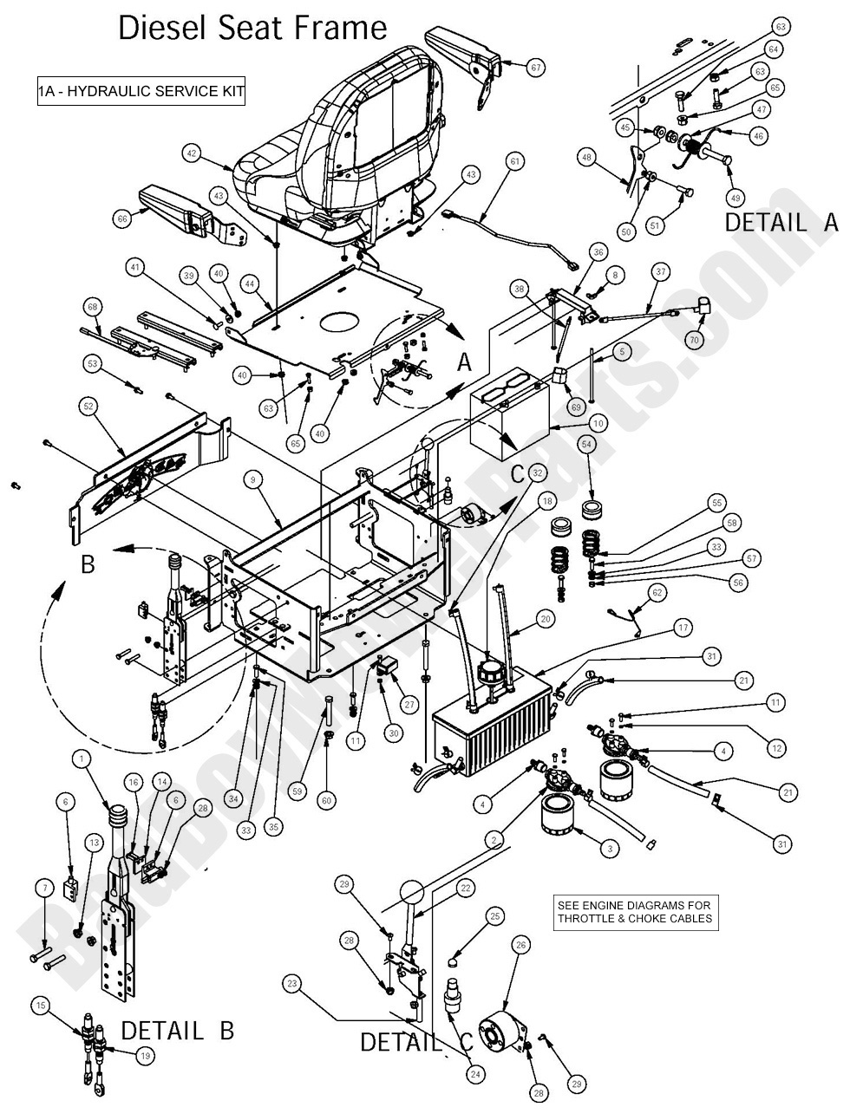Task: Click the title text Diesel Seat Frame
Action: tap(252, 29)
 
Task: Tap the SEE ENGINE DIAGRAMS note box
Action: tap(635, 913)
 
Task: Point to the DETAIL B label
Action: tap(177, 1031)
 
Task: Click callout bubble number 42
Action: tap(193, 153)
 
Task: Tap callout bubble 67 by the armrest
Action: tap(535, 67)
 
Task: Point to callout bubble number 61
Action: tap(514, 161)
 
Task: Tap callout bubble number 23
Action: tap(291, 983)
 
